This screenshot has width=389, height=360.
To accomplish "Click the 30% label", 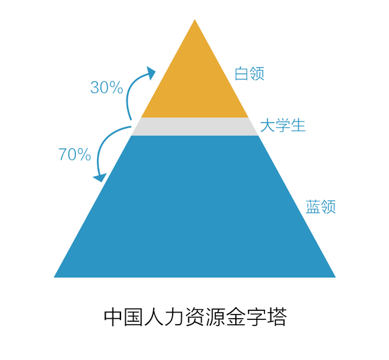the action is point(107,87).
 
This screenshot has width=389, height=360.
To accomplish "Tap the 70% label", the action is point(75,154).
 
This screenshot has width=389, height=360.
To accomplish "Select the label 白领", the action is point(250,73).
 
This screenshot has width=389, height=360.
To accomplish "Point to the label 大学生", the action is point(283,125).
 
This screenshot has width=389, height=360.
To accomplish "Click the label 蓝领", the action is point(320,206).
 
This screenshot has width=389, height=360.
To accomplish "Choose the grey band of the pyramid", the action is point(194,127).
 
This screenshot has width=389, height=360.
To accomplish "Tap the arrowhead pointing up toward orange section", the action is point(151,72).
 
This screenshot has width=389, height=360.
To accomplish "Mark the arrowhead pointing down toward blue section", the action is point(100,177).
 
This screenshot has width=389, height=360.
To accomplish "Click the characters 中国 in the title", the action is point(123,317).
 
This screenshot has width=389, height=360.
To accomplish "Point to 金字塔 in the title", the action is point(256,317).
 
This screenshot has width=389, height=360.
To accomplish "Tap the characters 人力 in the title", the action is point(164,317).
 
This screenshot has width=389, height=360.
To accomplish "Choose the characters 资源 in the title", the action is point(205,317).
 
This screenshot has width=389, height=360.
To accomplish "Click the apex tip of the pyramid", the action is point(194,19).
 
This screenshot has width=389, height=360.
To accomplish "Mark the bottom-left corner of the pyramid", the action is point(54,277).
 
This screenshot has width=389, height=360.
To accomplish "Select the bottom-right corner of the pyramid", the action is point(336,277).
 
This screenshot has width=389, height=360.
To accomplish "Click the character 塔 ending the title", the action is point(277,317).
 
